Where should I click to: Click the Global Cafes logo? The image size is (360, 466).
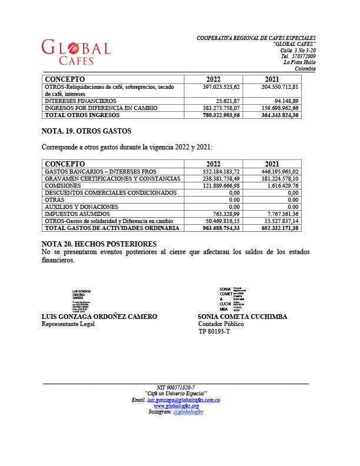click(x=76, y=52)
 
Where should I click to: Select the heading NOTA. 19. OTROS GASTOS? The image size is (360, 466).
click(x=86, y=131)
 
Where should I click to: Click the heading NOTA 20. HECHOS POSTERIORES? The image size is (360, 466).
click(x=99, y=244)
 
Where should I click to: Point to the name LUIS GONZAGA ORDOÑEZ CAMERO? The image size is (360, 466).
click(x=99, y=317)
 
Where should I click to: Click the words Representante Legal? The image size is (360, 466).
click(x=68, y=324)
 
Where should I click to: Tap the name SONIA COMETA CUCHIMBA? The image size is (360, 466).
click(x=242, y=317)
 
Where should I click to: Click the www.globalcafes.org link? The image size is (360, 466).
click(x=176, y=406)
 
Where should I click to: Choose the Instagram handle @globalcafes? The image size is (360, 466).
click(x=188, y=412)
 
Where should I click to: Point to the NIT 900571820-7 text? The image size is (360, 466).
click(x=176, y=387)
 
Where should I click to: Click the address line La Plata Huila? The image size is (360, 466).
click(x=299, y=62)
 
